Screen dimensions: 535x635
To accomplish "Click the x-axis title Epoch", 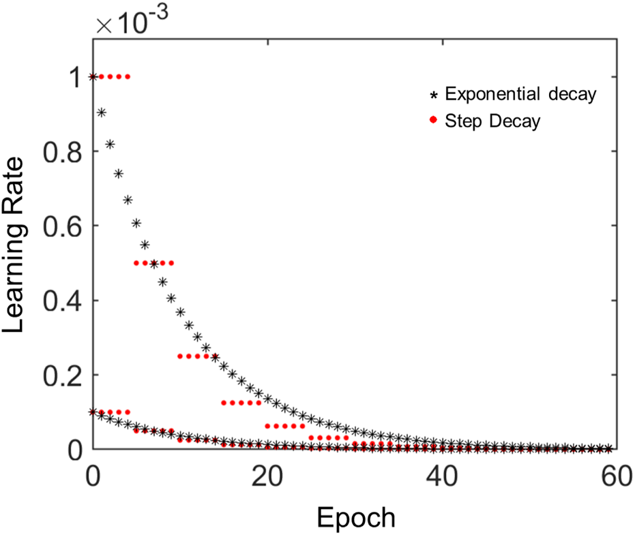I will (x=355, y=517).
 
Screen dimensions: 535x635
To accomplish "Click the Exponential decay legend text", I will (x=520, y=94).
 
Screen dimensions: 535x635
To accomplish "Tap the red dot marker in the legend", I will (x=433, y=121).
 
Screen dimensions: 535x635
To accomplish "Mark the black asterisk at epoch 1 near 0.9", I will (x=102, y=112).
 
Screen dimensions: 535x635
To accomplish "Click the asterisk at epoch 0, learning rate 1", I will (x=93, y=76).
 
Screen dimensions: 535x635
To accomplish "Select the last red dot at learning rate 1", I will (x=128, y=76).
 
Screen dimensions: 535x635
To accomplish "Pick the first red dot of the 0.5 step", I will (x=136, y=263).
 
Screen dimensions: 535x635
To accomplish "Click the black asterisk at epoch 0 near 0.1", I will (x=93, y=412).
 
